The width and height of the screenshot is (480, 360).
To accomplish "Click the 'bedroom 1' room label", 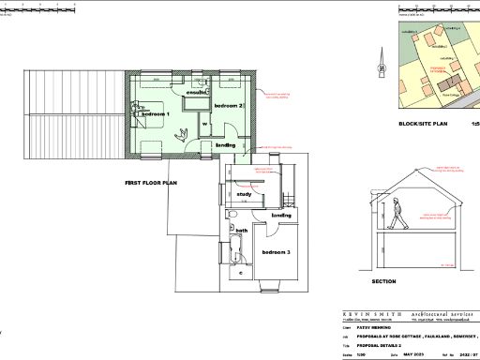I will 155,113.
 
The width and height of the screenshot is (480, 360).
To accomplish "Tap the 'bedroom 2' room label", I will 229,107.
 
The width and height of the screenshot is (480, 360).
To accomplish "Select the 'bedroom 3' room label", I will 276,254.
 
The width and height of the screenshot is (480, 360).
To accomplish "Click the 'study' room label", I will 244,195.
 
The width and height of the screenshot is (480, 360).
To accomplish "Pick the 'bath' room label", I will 241,231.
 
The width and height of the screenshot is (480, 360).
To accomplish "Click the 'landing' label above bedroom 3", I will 281,216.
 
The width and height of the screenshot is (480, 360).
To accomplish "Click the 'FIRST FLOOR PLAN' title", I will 150,183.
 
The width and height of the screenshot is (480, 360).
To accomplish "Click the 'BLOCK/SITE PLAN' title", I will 424,124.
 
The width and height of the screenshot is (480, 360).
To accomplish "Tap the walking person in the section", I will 400,214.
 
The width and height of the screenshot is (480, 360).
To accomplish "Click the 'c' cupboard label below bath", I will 241,272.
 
